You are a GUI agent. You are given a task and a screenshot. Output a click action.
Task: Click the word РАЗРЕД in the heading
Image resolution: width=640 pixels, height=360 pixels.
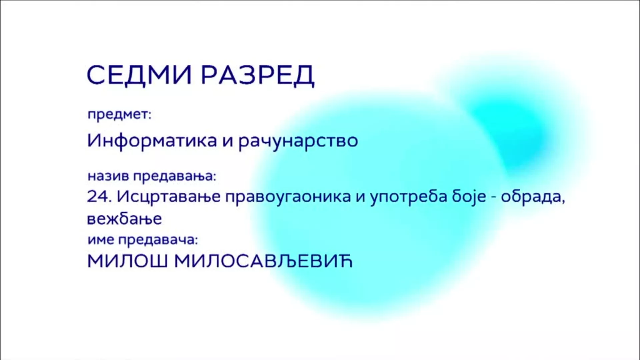click(258, 75)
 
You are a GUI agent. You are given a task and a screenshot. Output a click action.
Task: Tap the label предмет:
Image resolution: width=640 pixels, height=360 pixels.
click(119, 115)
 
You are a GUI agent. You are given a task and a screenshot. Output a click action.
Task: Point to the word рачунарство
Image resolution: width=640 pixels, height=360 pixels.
click(298, 142)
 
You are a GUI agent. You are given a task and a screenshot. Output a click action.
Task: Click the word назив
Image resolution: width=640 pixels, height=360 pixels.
click(108, 176)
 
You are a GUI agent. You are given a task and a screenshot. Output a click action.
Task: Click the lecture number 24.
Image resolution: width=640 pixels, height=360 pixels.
click(99, 197)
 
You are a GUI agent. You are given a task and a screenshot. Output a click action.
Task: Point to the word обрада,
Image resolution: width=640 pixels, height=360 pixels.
click(533, 197)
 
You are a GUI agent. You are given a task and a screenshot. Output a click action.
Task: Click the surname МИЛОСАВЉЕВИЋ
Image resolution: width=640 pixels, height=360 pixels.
click(263, 261)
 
